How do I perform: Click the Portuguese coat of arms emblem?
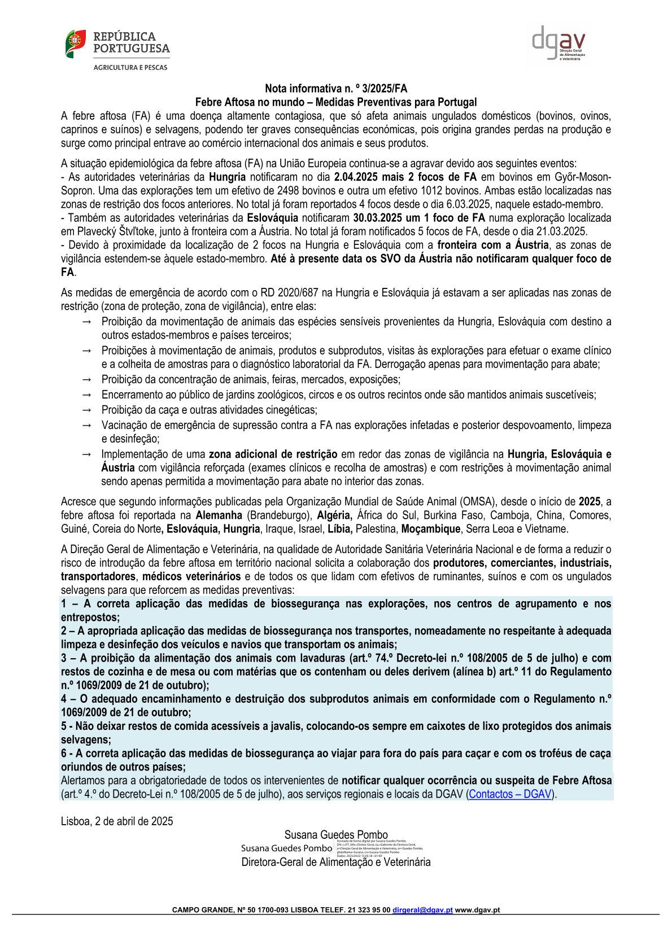point(75,43)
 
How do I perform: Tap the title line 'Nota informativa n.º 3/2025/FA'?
point(336,89)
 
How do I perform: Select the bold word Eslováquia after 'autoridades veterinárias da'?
point(272,218)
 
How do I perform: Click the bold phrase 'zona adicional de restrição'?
point(273,454)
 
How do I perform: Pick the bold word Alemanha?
point(219,515)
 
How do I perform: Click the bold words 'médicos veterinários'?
point(191,577)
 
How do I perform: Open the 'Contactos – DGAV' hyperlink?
point(510,794)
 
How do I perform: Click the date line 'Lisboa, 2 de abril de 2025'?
point(117,821)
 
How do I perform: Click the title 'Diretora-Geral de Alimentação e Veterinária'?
point(336,862)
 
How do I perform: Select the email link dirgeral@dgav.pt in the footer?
point(423,910)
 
